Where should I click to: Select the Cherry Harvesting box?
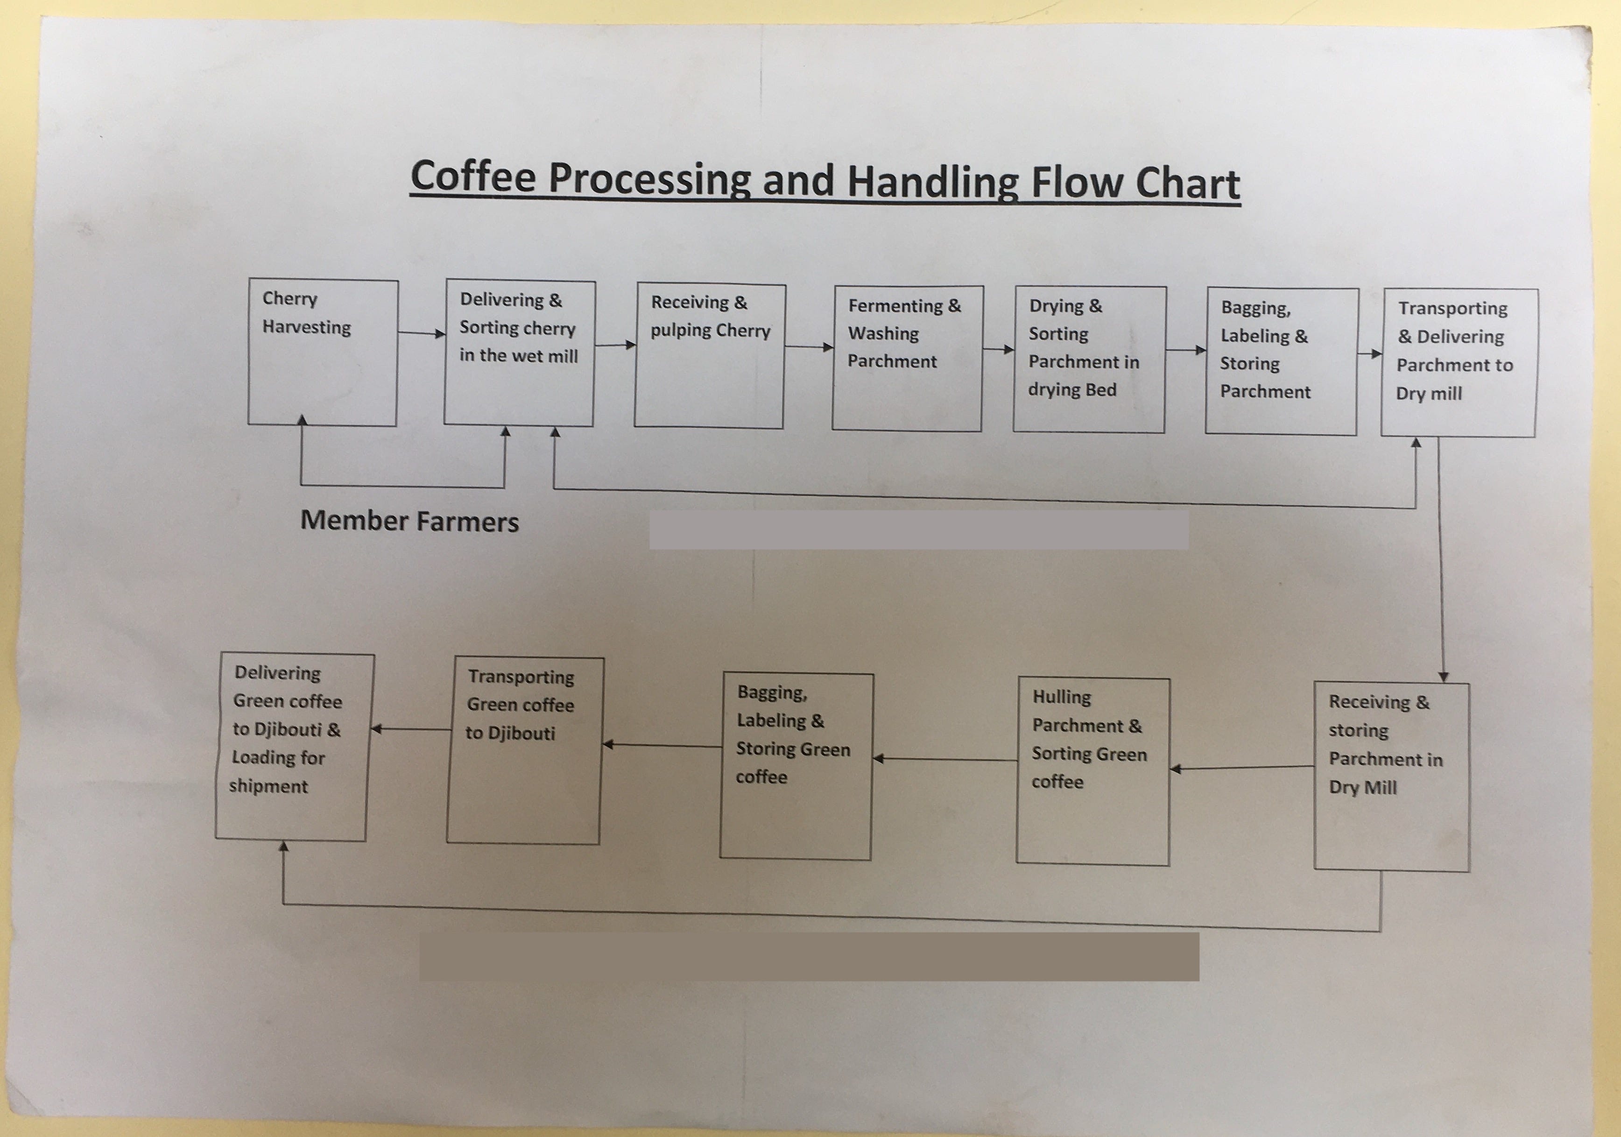click(323, 353)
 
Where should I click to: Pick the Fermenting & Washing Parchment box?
click(907, 358)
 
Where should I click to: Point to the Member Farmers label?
click(409, 521)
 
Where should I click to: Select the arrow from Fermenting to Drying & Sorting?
click(998, 349)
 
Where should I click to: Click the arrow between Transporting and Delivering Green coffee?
click(411, 729)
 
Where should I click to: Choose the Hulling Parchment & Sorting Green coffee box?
click(1092, 771)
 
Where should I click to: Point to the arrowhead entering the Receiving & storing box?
click(1443, 677)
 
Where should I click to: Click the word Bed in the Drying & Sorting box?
click(1101, 390)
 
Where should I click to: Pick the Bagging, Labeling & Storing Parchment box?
click(1282, 361)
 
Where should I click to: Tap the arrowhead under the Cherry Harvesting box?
click(302, 420)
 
